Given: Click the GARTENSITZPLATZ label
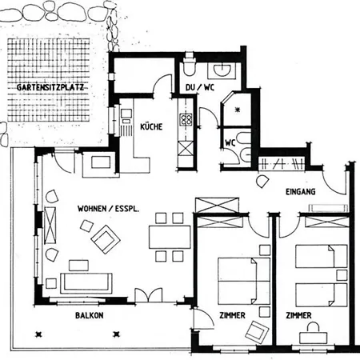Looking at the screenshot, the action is tap(50, 87).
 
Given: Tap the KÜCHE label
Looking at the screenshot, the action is tap(151, 126).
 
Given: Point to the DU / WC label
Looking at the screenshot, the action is tap(200, 87).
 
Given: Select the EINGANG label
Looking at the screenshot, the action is tap(301, 191).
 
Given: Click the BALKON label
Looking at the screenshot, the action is tap(90, 315).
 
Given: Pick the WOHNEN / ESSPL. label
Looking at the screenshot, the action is tap(108, 209).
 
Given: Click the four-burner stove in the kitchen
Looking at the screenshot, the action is tap(186, 119).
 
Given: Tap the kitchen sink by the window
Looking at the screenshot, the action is tap(126, 114).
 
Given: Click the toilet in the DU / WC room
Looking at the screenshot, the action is tap(190, 66).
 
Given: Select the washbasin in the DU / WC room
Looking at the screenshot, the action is tap(222, 70).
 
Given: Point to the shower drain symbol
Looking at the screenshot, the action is tap(238, 110).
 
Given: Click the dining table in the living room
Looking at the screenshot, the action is tap(170, 237).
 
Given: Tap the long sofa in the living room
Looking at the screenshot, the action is tap(86, 283).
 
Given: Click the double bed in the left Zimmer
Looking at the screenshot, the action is tap(244, 281).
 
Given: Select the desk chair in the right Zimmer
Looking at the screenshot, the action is tap(313, 326).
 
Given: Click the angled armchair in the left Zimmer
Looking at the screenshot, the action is tap(257, 331).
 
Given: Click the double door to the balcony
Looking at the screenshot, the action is tap(149, 295).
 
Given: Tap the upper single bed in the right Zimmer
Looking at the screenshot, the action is tap(322, 256).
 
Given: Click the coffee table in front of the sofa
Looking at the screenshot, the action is tap(78, 266).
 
